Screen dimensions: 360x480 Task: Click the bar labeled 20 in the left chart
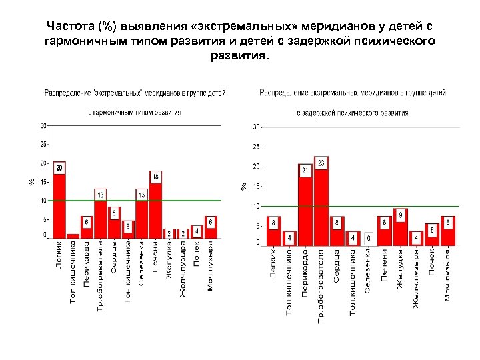[x=59, y=203]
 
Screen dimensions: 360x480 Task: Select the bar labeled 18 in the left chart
[x=155, y=207]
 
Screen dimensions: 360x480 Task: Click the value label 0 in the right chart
[x=368, y=238]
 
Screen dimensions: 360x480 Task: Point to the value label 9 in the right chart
[x=400, y=215]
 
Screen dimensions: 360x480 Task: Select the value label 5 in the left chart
[x=128, y=227]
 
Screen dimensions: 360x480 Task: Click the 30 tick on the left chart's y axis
[x=43, y=125]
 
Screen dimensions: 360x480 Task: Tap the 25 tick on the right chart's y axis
[x=257, y=147]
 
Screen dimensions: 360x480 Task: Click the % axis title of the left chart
[x=31, y=181]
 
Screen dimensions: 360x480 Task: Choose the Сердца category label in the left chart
[x=115, y=257]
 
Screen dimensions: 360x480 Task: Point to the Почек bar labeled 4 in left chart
[x=196, y=231]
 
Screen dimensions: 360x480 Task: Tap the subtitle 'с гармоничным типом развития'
[x=135, y=113]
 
